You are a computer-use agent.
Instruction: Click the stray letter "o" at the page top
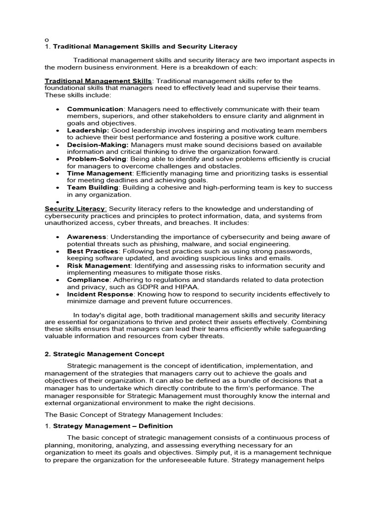(x=47, y=39)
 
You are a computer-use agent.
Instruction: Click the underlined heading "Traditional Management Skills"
(x=98, y=81)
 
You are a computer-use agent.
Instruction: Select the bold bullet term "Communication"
(x=95, y=109)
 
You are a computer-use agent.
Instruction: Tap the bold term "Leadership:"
(x=88, y=130)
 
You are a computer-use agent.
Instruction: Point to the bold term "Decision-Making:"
(x=97, y=145)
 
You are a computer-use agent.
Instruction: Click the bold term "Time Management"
(x=99, y=173)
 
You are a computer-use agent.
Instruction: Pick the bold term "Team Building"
(x=93, y=188)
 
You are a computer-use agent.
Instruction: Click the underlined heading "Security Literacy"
(x=75, y=209)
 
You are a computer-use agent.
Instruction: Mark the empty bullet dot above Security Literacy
(x=58, y=202)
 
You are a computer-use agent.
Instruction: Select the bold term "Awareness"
(x=87, y=237)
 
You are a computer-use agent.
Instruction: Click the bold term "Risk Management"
(x=98, y=266)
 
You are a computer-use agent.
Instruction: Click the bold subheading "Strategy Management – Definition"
(x=120, y=426)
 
